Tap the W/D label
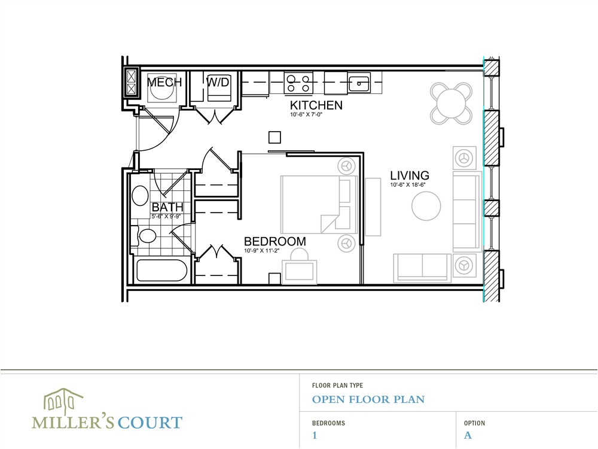(x=217, y=82)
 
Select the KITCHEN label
(x=316, y=105)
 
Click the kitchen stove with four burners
(x=298, y=83)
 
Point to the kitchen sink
(x=359, y=83)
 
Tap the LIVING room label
(x=410, y=175)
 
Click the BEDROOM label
(x=275, y=241)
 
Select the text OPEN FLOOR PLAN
(x=368, y=399)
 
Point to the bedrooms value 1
(x=315, y=435)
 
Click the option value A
(x=468, y=435)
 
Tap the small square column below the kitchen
(x=274, y=138)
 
